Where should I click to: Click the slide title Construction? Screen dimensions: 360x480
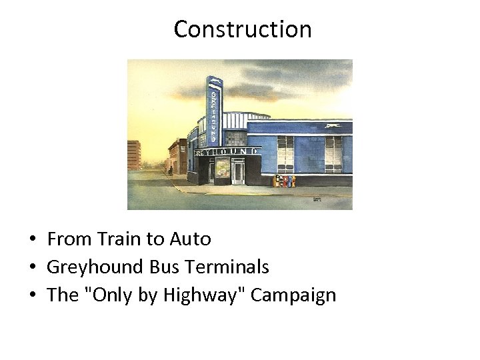(x=243, y=29)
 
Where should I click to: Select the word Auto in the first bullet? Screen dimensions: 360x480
(x=190, y=239)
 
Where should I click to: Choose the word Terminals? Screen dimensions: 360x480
(x=227, y=267)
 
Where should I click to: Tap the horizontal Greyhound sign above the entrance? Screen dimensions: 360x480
(x=226, y=152)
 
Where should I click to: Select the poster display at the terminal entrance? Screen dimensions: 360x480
(x=222, y=170)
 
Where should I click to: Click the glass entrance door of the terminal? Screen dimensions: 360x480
(x=238, y=173)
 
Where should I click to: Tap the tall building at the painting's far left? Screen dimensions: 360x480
(x=133, y=155)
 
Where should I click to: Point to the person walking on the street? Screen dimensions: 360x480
(x=170, y=171)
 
